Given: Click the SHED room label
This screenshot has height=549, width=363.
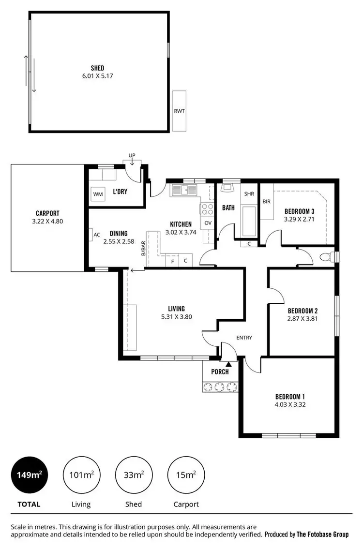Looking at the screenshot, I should click(98, 68).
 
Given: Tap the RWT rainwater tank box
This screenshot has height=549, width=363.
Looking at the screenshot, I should click(179, 111).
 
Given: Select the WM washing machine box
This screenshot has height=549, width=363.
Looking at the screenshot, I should click(98, 194).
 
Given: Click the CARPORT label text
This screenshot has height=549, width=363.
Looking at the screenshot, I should click(47, 213).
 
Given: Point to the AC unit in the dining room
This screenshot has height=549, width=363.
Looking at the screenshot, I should click(97, 235).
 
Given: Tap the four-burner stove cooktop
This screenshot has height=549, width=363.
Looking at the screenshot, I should click(207, 209).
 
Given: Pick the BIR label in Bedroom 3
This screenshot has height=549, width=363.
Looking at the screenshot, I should click(266, 202).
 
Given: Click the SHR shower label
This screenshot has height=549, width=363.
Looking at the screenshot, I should click(249, 193).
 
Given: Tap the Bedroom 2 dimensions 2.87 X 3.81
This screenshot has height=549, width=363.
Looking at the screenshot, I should click(302, 319).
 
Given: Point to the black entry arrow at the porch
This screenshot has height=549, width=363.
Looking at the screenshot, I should click(228, 357).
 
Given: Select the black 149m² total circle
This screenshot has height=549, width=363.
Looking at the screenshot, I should click(29, 475).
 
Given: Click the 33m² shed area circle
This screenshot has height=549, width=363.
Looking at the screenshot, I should click(133, 475).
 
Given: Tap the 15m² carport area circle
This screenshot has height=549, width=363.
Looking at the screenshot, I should click(186, 475).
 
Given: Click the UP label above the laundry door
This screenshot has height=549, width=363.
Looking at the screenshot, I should click(132, 155).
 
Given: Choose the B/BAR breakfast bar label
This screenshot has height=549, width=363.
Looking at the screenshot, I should click(143, 247).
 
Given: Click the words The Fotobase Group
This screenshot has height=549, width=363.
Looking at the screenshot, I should click(322, 534).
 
